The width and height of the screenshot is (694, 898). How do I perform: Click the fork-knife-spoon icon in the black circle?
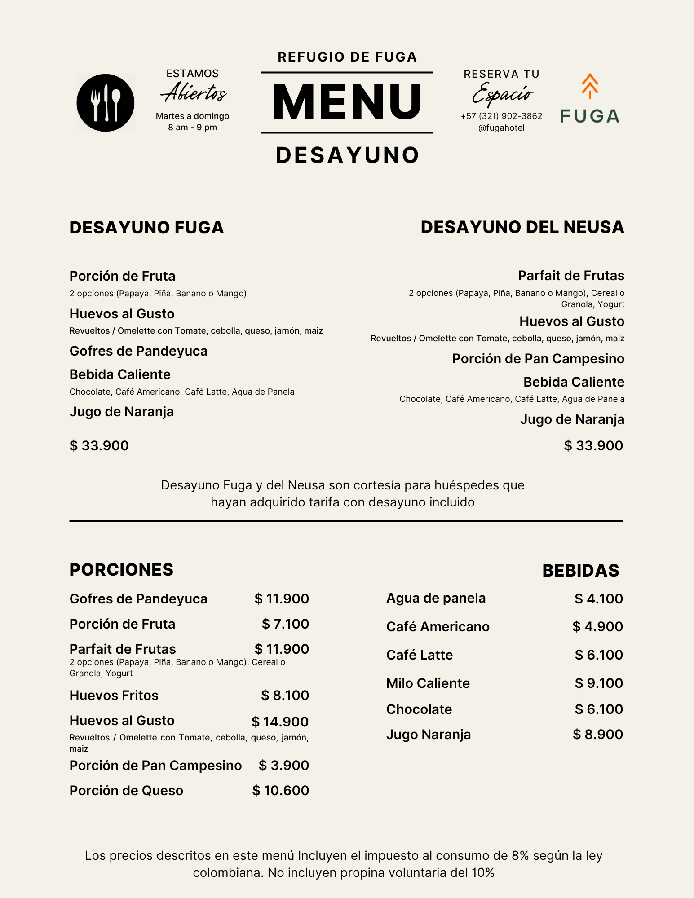[106, 103]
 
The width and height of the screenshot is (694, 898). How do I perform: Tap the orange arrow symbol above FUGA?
[590, 86]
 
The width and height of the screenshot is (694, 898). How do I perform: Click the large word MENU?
[347, 102]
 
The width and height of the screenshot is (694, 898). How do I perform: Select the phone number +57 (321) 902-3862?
[501, 116]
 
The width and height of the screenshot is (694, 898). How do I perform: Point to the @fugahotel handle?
[501, 128]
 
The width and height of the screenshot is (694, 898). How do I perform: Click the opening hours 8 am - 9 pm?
[192, 128]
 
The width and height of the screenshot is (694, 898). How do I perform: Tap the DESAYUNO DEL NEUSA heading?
[522, 227]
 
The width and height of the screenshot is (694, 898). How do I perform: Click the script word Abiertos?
[194, 92]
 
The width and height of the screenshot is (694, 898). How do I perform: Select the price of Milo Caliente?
[598, 683]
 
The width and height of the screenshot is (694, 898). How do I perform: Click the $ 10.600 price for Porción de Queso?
[280, 791]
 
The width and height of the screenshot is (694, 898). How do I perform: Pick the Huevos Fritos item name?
[114, 696]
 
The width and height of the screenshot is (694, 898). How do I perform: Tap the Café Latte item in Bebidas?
[420, 655]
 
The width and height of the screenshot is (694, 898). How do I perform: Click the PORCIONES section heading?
[121, 570]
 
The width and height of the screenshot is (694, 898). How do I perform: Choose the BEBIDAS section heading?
[580, 571]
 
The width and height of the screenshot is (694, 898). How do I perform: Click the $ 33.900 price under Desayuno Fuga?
[99, 446]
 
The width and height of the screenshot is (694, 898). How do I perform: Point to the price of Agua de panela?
[598, 599]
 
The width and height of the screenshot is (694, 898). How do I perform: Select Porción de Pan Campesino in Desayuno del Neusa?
[538, 359]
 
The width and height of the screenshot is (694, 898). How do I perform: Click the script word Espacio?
[502, 93]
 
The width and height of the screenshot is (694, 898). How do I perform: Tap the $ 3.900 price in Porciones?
[283, 766]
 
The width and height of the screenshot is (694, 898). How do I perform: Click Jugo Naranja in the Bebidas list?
[429, 735]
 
